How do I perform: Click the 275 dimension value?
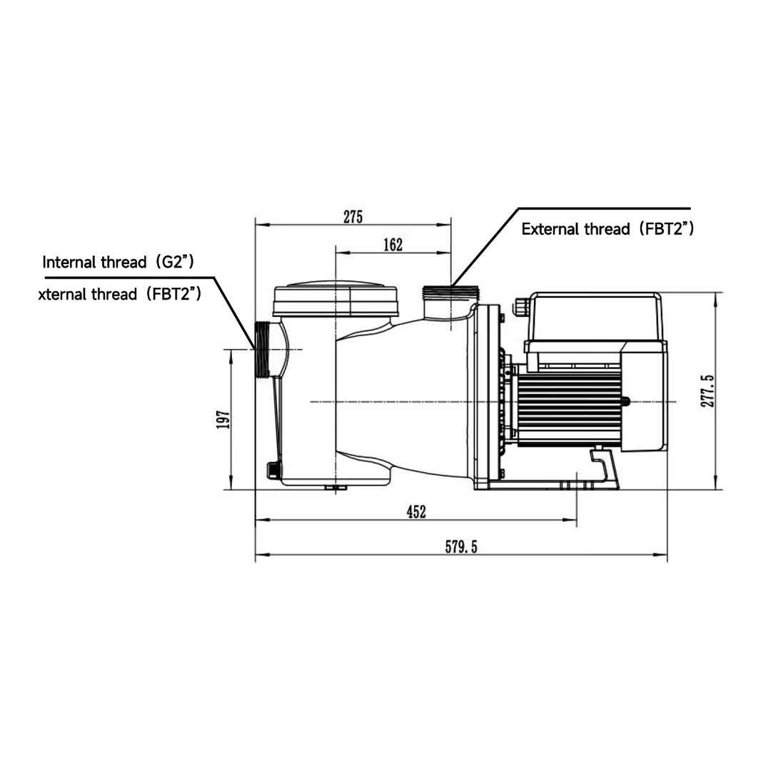353,217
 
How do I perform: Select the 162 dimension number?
393,245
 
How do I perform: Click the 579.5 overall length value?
460,548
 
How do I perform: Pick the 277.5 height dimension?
707,388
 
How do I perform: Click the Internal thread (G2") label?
119,261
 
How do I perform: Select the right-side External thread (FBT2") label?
608,229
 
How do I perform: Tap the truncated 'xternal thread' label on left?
119,293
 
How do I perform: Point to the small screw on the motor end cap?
628,402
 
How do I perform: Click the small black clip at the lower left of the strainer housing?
272,469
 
